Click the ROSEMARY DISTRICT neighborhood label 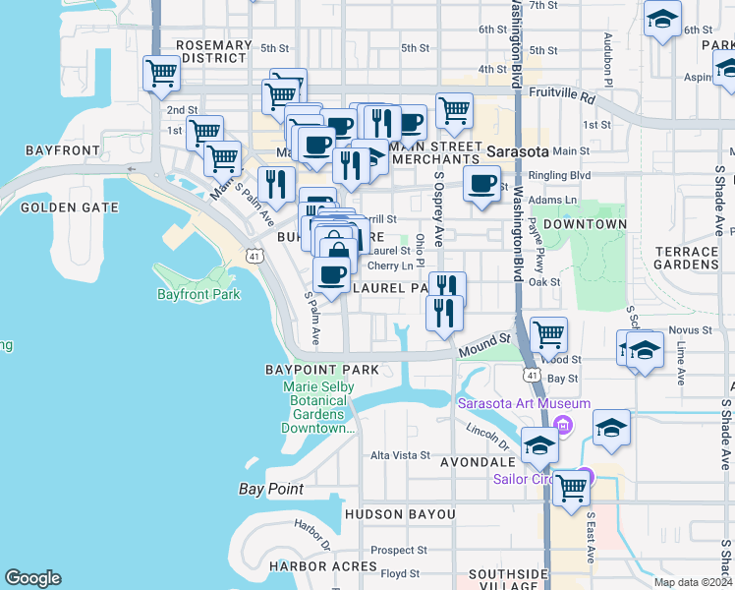(x=213, y=51)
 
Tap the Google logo (x=32, y=578)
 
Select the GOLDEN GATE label (x=69, y=207)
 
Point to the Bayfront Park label (x=198, y=294)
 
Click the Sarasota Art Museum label (x=524, y=403)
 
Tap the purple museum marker (x=562, y=425)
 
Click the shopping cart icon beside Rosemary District (x=161, y=73)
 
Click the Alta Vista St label (x=400, y=455)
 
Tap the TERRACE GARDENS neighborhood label (x=686, y=258)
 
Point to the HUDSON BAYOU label (x=400, y=514)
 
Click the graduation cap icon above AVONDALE (x=538, y=445)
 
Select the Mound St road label (x=481, y=346)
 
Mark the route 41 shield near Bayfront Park (x=254, y=256)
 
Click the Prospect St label (x=399, y=551)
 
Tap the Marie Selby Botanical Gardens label (x=317, y=407)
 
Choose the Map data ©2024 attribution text (x=692, y=582)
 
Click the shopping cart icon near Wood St (x=547, y=334)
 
